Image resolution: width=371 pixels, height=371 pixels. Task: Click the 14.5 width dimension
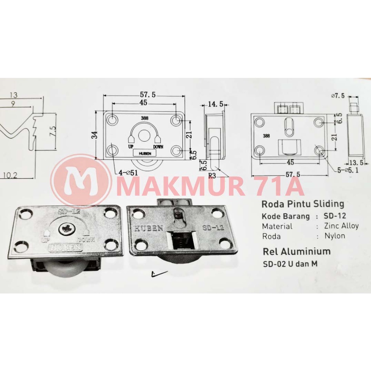216,104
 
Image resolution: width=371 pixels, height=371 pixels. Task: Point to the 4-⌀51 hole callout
128,173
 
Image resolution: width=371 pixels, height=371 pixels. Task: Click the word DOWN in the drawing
158,147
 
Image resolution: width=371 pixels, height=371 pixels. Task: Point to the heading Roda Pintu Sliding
303,204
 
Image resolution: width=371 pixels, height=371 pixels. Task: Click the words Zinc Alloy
337,226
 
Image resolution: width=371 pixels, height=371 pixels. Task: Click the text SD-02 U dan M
290,264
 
